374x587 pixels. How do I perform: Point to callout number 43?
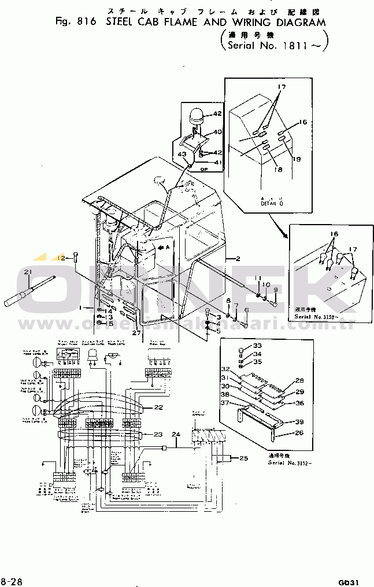pyautogui.click(x=182, y=154)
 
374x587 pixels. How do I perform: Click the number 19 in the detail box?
pyautogui.click(x=297, y=159)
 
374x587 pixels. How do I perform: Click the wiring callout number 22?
pyautogui.click(x=158, y=408)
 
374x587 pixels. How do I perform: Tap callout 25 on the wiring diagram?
pyautogui.click(x=244, y=458)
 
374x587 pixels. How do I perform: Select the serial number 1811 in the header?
pyautogui.click(x=298, y=45)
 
